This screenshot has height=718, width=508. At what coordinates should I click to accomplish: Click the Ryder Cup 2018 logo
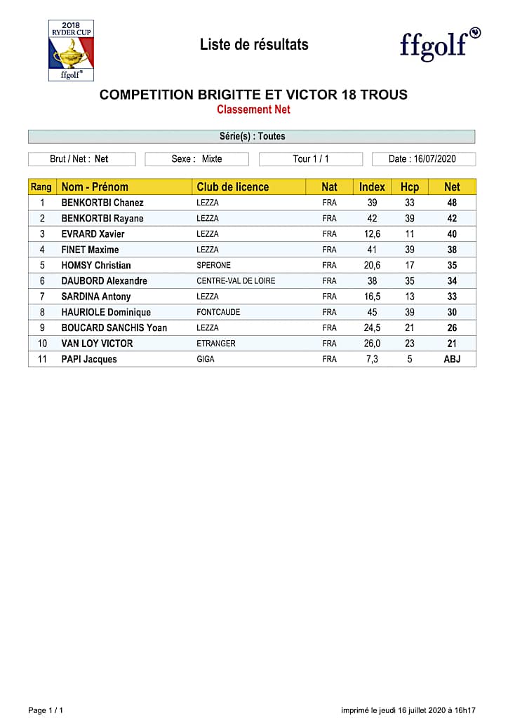[71, 50]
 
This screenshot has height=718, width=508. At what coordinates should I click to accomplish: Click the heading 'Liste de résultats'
[254, 45]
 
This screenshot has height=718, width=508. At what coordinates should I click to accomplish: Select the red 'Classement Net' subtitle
[253, 109]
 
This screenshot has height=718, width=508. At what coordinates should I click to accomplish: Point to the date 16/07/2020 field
[423, 159]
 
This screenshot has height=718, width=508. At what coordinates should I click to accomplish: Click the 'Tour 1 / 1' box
[310, 159]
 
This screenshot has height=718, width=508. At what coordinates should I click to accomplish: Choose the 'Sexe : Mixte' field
[197, 159]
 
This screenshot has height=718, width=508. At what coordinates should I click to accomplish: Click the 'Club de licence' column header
[232, 187]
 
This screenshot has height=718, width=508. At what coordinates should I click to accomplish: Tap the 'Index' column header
[372, 187]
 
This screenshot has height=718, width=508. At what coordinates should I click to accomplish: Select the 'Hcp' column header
[410, 187]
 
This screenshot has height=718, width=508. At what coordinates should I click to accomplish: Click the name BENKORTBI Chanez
[102, 203]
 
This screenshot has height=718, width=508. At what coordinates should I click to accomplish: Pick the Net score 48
[452, 203]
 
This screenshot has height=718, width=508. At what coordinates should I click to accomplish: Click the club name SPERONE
[213, 265]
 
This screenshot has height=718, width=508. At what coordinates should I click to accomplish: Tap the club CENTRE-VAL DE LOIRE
[236, 280]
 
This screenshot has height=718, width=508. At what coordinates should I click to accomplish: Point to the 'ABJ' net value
[452, 359]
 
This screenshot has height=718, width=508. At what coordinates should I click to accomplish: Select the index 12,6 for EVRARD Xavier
[372, 234]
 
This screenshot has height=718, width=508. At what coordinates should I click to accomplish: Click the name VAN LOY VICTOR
[97, 344]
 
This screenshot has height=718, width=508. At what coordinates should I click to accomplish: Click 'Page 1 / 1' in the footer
[46, 710]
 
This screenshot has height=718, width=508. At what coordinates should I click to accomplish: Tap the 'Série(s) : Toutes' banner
[251, 136]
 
